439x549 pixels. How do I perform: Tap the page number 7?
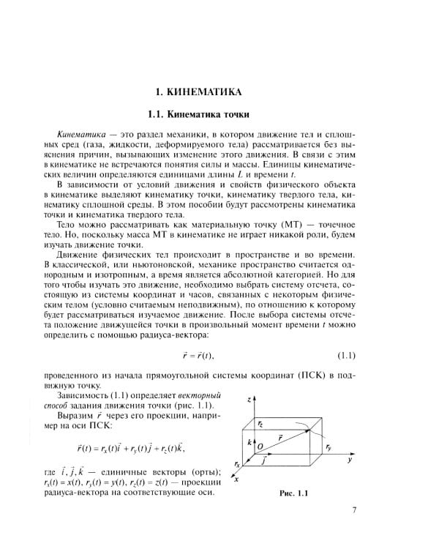pos(353,510)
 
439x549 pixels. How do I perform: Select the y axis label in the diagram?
pos(351,462)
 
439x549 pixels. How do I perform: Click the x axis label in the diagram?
pos(235,480)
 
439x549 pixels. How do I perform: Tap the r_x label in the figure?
pos(237,464)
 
